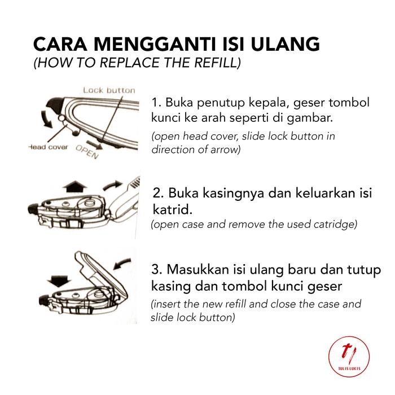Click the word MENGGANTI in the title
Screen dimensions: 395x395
[x=155, y=44]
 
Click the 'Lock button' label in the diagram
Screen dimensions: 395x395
[x=109, y=90]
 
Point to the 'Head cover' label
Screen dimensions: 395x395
[x=48, y=147]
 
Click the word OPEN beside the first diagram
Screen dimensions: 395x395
[x=87, y=152]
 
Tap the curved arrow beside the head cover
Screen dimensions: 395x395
[x=46, y=119]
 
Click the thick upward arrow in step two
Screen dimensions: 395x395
[x=74, y=187]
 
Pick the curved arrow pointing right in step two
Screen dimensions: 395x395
[x=112, y=186]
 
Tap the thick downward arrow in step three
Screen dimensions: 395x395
[x=59, y=281]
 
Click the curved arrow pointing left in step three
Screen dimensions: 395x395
[x=122, y=264]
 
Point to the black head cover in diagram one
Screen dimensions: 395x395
[x=55, y=105]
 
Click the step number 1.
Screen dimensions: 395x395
[x=156, y=103]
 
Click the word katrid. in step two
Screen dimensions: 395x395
[x=173, y=209]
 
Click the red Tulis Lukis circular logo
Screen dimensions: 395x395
[x=349, y=357]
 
